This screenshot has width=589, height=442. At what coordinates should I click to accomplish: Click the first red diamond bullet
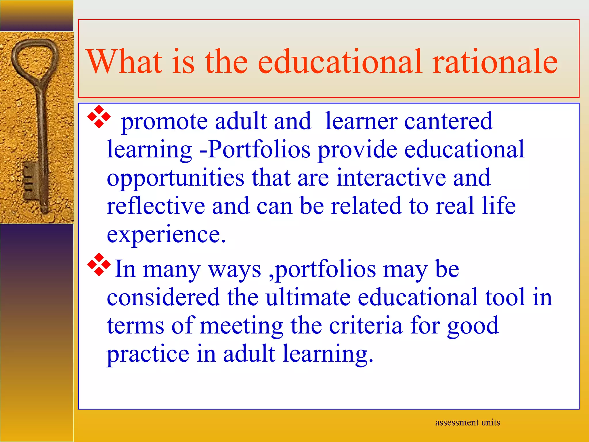click(99, 117)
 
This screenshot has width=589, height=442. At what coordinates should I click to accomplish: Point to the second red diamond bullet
click(99, 264)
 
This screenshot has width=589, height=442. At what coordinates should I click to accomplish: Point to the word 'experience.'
click(166, 234)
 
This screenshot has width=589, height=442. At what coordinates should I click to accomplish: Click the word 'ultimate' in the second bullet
click(308, 297)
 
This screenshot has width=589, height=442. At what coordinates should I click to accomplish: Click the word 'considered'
click(163, 297)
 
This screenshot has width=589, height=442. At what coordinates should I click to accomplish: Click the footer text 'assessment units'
click(468, 422)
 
